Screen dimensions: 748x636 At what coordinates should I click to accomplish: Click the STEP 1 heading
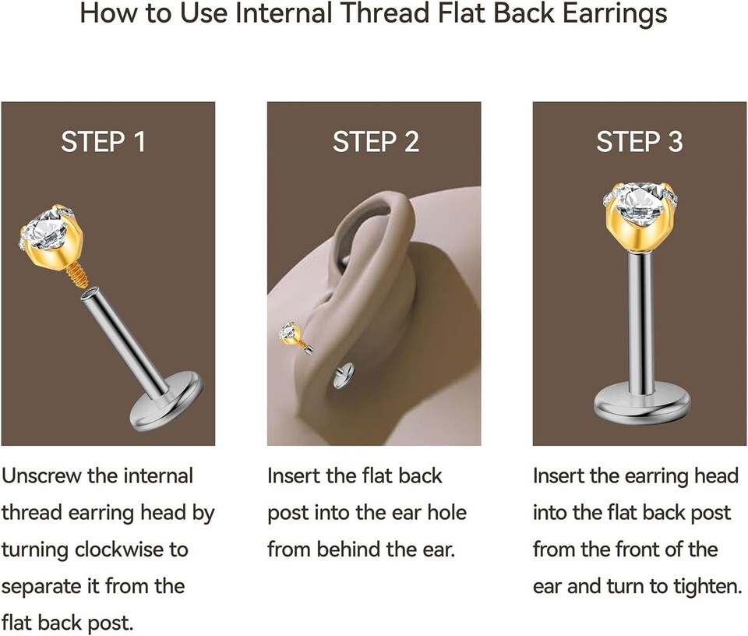tap(103, 142)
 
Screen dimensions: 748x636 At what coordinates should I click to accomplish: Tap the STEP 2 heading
tap(376, 142)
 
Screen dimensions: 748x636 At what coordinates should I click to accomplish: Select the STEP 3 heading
tap(639, 142)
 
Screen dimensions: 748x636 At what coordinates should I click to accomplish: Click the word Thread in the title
tap(386, 13)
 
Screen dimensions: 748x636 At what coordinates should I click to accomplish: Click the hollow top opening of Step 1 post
tap(91, 292)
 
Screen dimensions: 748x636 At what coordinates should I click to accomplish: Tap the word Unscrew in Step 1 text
tap(41, 475)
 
